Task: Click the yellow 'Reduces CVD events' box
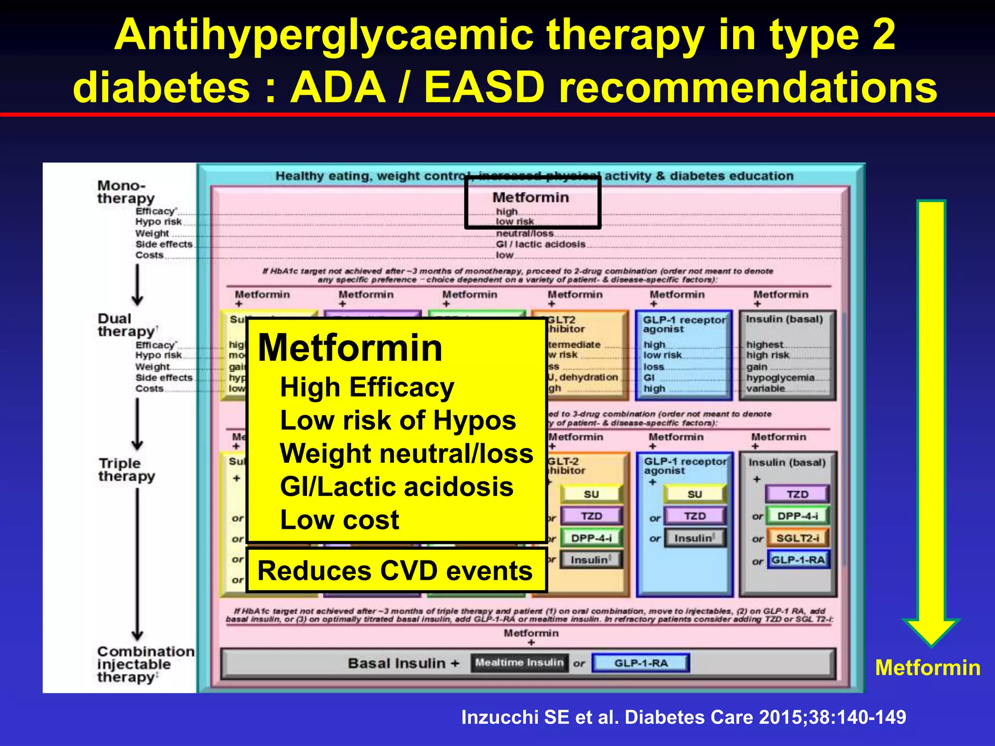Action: point(395,571)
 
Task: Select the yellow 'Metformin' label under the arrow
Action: point(927,668)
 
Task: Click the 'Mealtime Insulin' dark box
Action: point(519,663)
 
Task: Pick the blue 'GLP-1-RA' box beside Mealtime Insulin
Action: point(641,663)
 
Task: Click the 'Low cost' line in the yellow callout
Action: point(339,520)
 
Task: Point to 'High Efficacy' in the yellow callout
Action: point(367,388)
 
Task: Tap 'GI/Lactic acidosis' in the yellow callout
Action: point(396,487)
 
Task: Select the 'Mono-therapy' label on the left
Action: point(125,192)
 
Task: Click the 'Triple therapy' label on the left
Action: point(126,470)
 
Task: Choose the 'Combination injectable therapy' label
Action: point(145,664)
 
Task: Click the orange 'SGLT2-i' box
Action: point(797,538)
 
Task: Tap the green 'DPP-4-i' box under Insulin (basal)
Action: point(797,516)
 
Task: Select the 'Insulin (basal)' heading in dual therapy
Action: point(784,319)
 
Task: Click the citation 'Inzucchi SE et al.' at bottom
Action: point(683,717)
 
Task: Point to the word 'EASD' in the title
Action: point(484,87)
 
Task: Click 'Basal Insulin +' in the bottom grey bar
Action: point(403,663)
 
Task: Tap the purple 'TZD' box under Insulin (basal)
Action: point(797,494)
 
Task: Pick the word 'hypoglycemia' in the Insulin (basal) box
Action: point(780,377)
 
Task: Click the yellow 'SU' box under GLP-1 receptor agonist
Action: point(694,494)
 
